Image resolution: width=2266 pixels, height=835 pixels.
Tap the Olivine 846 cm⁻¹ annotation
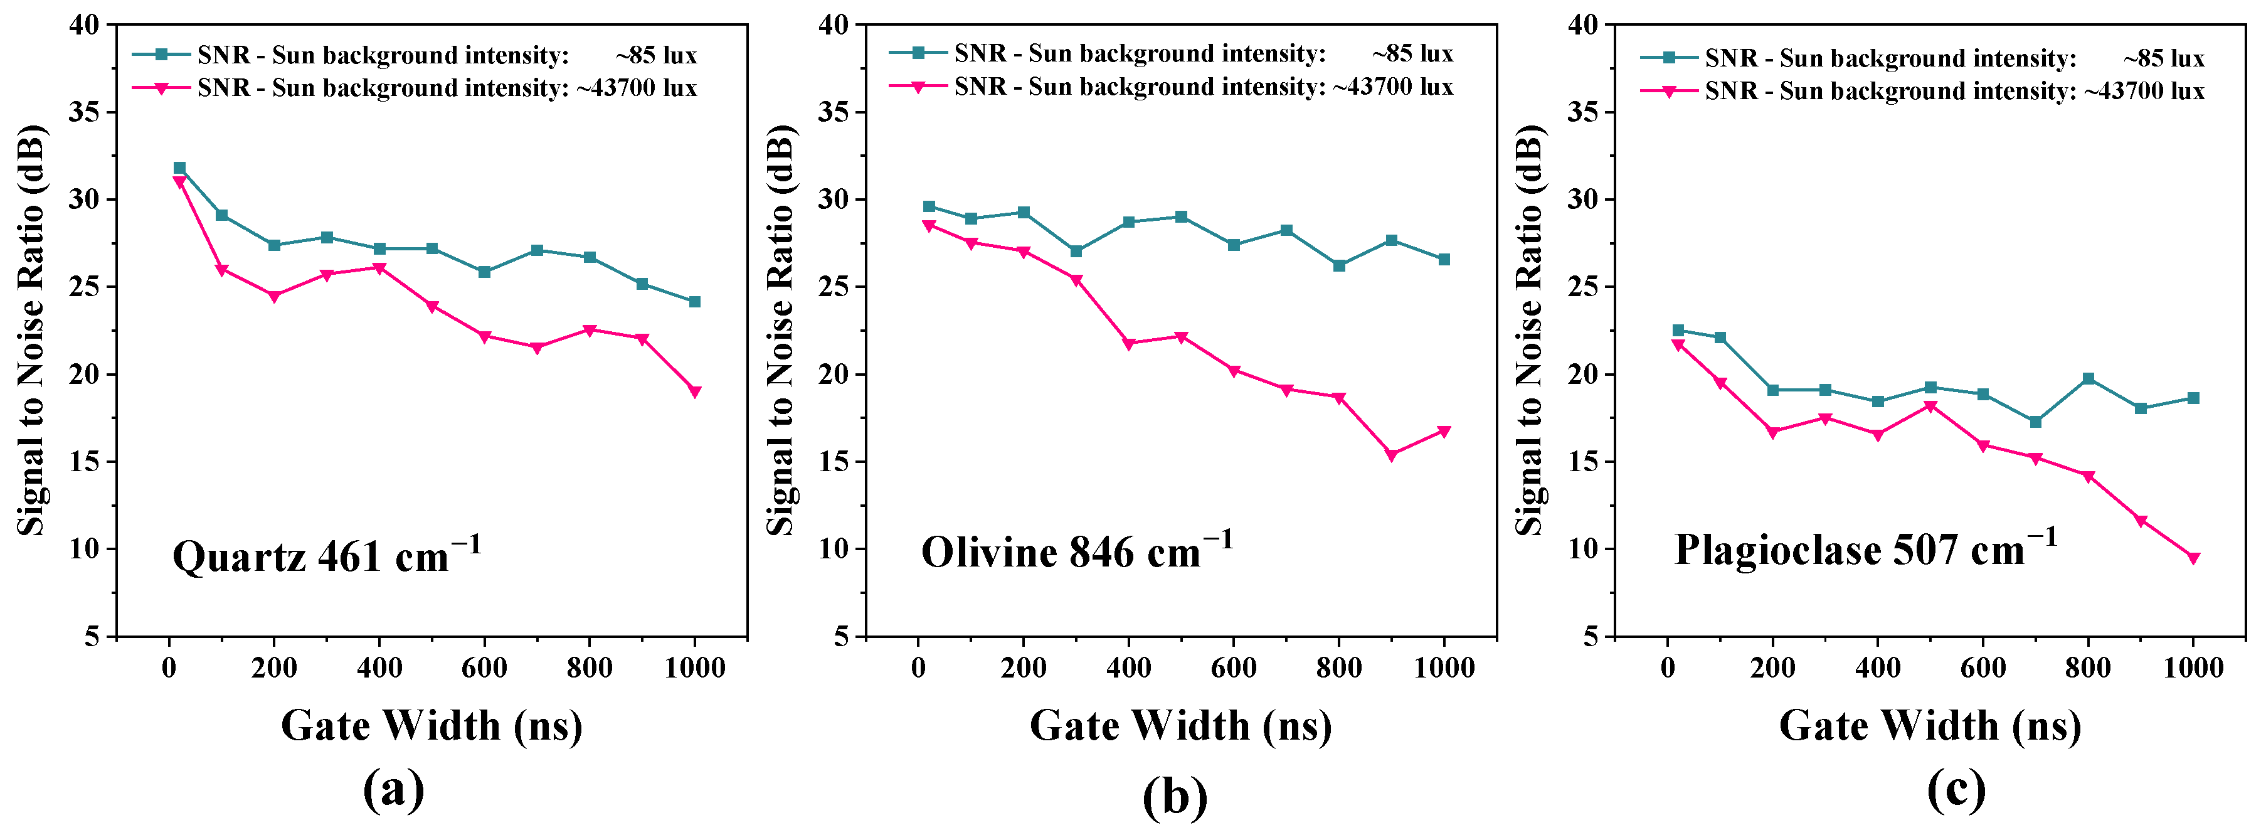(1076, 551)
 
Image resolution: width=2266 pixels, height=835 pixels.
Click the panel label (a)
(393, 789)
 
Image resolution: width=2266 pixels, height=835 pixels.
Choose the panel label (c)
(1956, 789)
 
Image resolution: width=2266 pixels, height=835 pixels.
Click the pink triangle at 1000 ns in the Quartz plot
(695, 391)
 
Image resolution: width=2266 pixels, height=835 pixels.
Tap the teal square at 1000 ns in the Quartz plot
(695, 302)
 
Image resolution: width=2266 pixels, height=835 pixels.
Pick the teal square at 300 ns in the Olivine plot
(1076, 252)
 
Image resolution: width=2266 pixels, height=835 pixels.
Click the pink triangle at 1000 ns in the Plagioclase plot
(2193, 558)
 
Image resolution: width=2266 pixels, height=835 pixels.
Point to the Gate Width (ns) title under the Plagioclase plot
(1930, 726)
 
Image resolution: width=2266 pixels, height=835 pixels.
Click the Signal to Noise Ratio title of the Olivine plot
(780, 330)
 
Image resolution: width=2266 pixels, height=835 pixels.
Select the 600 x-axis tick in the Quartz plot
(484, 669)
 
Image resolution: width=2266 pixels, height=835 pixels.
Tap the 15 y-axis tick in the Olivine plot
(835, 462)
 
